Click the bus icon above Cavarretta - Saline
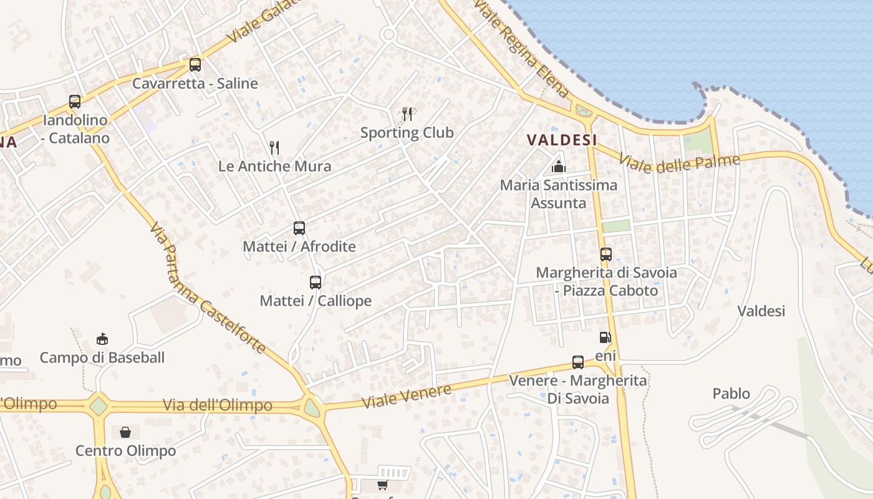click(195, 64)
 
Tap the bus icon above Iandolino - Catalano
click(75, 101)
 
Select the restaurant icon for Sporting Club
click(407, 114)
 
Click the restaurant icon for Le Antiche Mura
click(274, 147)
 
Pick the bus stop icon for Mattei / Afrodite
click(299, 228)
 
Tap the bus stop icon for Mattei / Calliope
click(316, 282)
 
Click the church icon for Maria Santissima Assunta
click(559, 167)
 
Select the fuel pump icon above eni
click(605, 337)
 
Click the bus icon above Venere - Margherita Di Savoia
click(578, 362)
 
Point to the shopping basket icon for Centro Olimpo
click(125, 432)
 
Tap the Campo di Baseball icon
click(102, 339)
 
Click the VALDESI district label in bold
click(562, 140)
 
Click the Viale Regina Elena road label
click(521, 49)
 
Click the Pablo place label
click(731, 394)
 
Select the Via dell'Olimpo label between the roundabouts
click(217, 405)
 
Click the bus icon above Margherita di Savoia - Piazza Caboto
click(606, 254)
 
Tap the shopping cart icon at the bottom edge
click(382, 485)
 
